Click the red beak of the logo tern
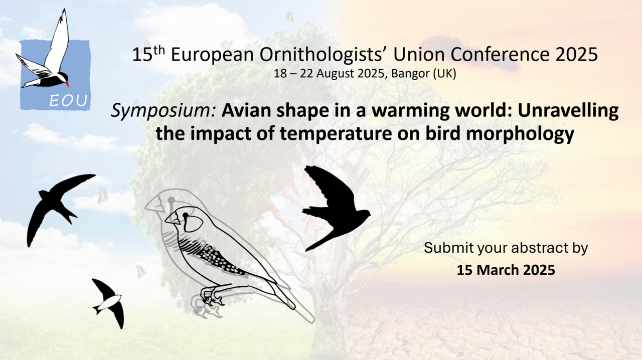pyautogui.click(x=67, y=84)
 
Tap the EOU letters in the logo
pyautogui.click(x=69, y=101)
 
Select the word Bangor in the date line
pyautogui.click(x=410, y=74)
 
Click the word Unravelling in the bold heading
pyautogui.click(x=568, y=111)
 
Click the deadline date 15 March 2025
pyautogui.click(x=506, y=270)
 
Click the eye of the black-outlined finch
pyautogui.click(x=186, y=215)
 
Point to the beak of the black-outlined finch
pyautogui.click(x=172, y=219)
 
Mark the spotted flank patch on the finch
pyautogui.click(x=221, y=260)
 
